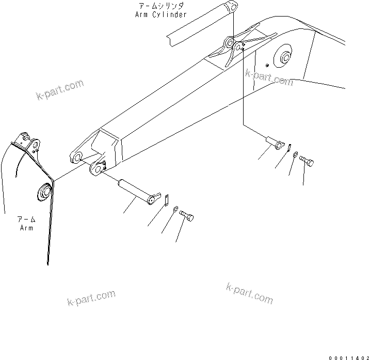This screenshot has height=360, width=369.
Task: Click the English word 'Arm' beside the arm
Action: (x=26, y=228)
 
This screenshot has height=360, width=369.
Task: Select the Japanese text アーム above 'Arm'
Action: (x=26, y=220)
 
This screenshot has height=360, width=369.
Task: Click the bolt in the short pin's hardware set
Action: (x=307, y=161)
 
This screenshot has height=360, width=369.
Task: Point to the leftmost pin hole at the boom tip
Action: (x=77, y=157)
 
